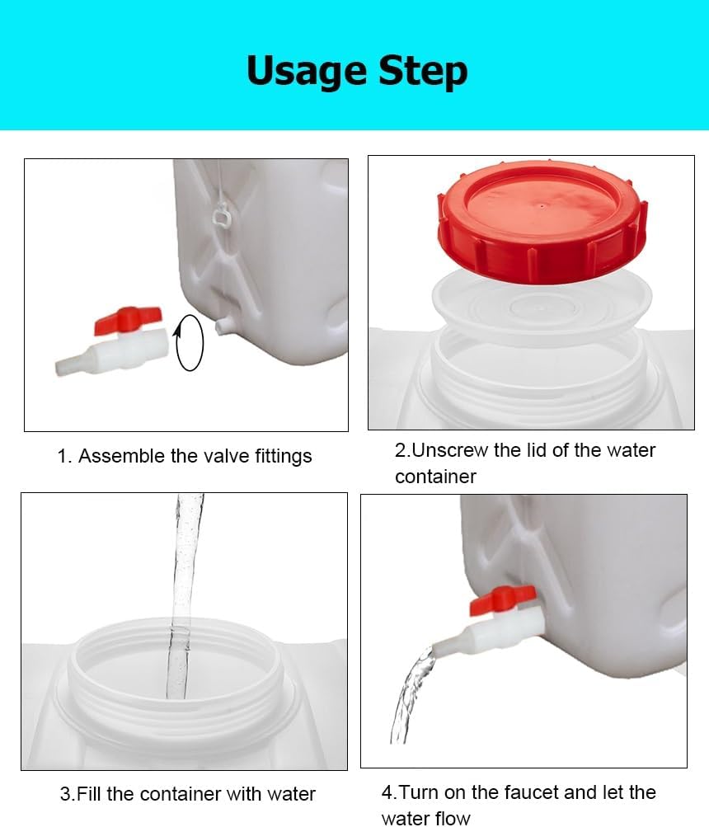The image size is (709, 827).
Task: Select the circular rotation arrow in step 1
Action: coord(189,341)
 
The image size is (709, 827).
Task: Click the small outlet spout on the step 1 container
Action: coord(222,327)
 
